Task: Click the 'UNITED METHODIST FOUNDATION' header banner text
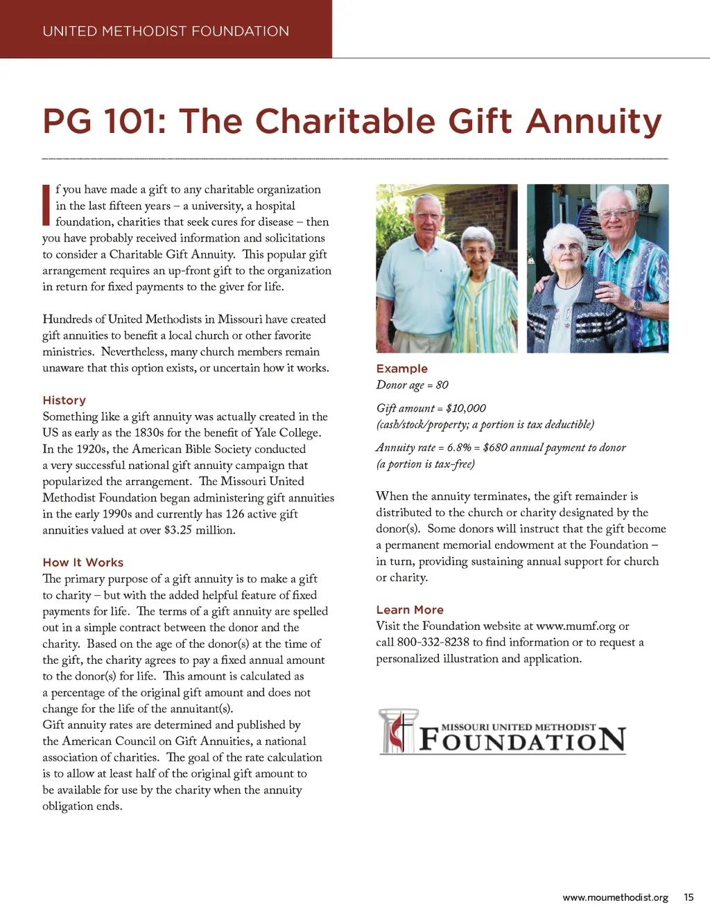coord(166,31)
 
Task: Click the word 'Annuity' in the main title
coord(594,121)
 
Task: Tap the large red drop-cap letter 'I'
coord(46,205)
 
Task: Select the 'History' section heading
coord(64,400)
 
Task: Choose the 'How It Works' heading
coord(83,563)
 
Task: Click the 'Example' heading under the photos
coord(402,369)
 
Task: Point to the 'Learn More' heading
coord(410,610)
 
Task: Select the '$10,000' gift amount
coord(466,408)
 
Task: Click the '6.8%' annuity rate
coord(459,448)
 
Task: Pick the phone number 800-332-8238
coord(433,642)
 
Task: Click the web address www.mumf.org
coord(575,626)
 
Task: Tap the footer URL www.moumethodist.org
coord(615,897)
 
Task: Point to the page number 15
coord(689,897)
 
